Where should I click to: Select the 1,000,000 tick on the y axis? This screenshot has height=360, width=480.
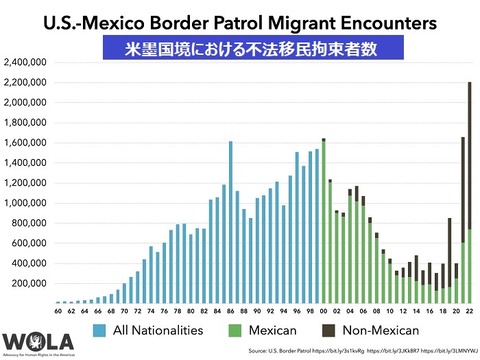[28, 203]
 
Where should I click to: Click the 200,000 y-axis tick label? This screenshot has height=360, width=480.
[30, 283]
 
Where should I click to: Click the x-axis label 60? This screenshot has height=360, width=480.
[59, 312]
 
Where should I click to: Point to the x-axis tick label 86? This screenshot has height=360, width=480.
[231, 312]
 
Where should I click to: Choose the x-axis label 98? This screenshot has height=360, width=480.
[311, 312]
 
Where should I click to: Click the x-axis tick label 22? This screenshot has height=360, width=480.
[470, 312]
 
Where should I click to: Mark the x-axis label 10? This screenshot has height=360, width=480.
[390, 312]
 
